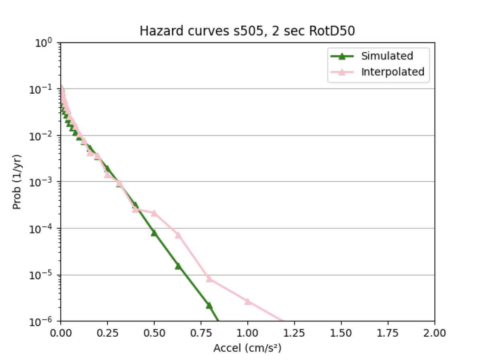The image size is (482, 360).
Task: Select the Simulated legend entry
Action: (387, 56)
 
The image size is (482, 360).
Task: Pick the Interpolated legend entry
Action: (392, 72)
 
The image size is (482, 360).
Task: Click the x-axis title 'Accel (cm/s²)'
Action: (247, 348)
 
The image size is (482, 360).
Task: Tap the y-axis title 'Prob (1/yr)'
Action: (17, 181)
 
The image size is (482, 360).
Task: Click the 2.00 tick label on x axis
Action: (435, 333)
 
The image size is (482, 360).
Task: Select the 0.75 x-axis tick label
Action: (201, 333)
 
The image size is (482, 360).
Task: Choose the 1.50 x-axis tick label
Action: (341, 333)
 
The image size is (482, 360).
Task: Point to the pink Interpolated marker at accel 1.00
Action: (248, 301)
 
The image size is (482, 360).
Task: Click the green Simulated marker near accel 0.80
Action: (209, 305)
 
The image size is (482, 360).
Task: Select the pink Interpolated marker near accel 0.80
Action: (209, 278)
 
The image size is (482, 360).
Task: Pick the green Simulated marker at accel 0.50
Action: (154, 233)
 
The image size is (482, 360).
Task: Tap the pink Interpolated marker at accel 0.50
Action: (154, 213)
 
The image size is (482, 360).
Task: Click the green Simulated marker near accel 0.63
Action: (178, 266)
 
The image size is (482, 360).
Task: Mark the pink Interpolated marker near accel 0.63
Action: (178, 235)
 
